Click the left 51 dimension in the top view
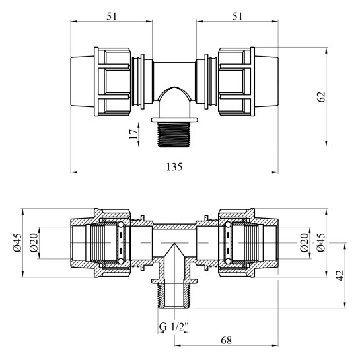(x=111, y=16)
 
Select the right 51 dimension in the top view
(x=237, y=16)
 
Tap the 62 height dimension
(x=322, y=96)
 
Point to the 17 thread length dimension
(x=134, y=133)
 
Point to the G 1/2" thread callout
(x=173, y=327)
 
